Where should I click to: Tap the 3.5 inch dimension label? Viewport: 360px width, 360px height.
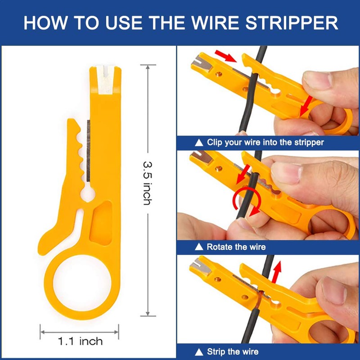[x=147, y=182]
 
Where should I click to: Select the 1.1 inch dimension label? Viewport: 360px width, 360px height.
[x=80, y=341]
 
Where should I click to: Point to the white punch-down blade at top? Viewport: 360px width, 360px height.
[x=104, y=80]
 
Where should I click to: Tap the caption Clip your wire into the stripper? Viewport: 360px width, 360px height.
[x=265, y=142]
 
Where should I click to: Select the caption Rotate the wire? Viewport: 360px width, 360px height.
[x=236, y=247]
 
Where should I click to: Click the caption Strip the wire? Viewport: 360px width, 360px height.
[x=232, y=351]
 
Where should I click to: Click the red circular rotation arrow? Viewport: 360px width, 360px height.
[x=243, y=201]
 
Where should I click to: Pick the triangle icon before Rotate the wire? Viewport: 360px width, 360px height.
[x=199, y=247]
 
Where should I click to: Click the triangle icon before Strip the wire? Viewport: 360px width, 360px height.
[x=199, y=351]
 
